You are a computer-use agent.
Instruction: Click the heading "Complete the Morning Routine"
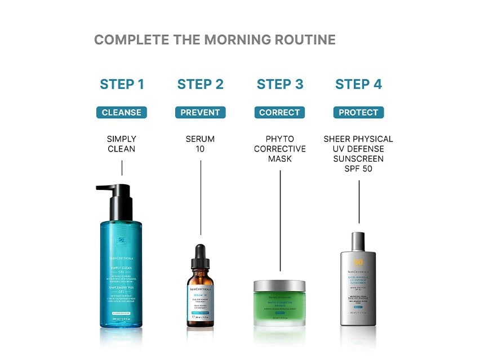(x=215, y=40)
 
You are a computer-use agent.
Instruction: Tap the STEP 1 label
(x=122, y=85)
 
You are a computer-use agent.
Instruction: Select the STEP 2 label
(x=200, y=85)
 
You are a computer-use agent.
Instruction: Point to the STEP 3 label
(x=280, y=85)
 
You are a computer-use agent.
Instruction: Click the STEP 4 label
(x=358, y=85)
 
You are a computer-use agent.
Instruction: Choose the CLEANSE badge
(x=122, y=113)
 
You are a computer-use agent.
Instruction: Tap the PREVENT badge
(x=200, y=113)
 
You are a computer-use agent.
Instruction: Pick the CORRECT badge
(x=279, y=113)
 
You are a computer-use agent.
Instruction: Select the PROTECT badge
(x=358, y=113)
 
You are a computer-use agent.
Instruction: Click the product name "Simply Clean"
(x=122, y=144)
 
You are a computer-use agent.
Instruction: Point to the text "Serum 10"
(x=200, y=144)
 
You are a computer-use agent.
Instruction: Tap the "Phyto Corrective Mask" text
(x=280, y=149)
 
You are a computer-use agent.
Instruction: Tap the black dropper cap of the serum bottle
(x=201, y=256)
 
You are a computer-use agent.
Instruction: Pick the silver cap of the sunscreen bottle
(x=358, y=242)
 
